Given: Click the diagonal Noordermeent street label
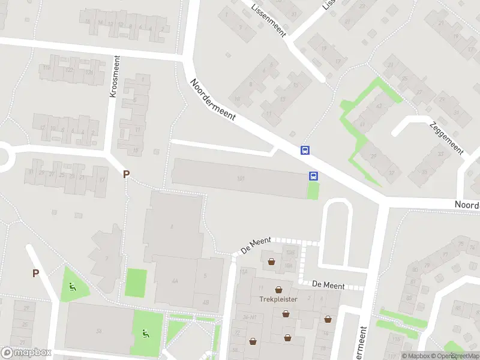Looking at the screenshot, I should [213, 100].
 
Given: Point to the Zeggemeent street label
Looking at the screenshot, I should [446, 138].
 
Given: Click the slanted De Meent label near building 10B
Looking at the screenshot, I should [256, 245].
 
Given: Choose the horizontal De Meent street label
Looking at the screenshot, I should [328, 286].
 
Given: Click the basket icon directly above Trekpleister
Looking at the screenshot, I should [278, 289].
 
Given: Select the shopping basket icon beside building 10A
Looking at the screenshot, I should [271, 261].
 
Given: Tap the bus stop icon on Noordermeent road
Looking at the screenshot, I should [305, 151].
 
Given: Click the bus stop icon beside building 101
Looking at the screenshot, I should [313, 176].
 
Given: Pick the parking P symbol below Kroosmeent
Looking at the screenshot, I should [126, 175].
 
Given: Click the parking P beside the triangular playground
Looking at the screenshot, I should [35, 274].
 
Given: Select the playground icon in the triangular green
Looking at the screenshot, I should [73, 286].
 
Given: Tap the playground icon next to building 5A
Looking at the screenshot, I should [145, 334].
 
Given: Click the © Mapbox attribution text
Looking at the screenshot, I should [416, 356].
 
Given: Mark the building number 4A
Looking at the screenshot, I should [175, 281].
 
